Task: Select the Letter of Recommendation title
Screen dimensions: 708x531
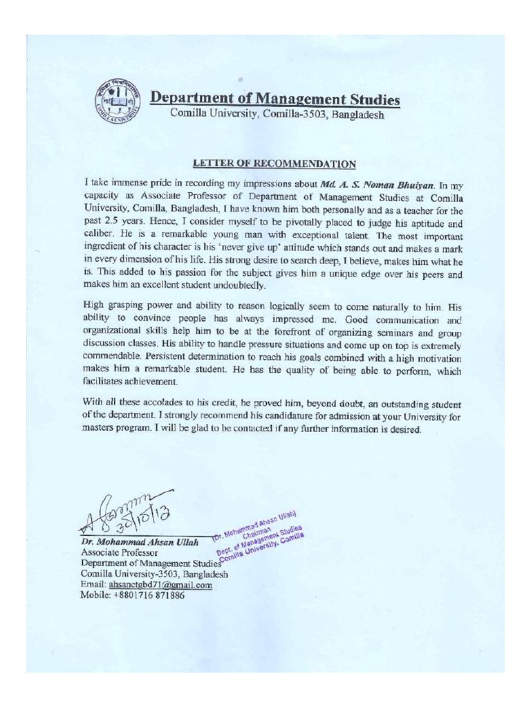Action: (274, 164)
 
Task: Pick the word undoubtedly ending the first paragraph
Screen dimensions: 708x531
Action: (241, 286)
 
